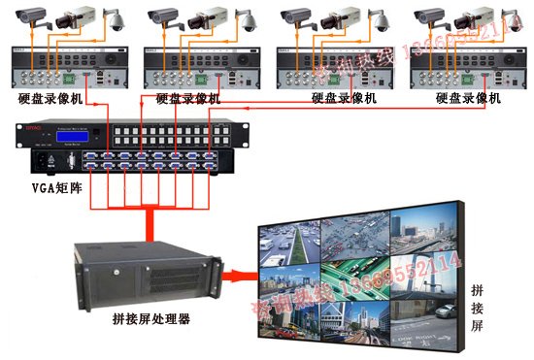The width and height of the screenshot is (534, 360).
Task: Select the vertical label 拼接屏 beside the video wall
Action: pos(477,309)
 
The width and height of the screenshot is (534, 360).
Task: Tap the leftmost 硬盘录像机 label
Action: pos(50,98)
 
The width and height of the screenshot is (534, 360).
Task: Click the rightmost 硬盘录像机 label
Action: pos(468,98)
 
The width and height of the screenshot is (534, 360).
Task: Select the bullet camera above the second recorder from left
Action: pos(164,16)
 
